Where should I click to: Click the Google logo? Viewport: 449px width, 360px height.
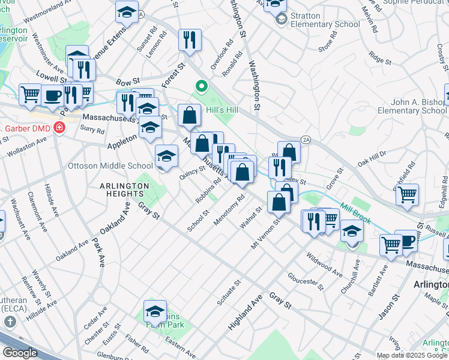[x=20, y=353]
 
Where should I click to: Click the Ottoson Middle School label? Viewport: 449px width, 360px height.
[x=110, y=166]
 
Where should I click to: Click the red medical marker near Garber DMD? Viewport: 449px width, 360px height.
[x=59, y=127]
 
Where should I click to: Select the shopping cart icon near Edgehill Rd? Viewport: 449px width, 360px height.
[x=408, y=195]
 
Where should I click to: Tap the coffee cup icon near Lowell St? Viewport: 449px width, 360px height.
[x=52, y=96]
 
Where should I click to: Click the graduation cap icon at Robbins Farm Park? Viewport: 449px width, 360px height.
[x=155, y=311]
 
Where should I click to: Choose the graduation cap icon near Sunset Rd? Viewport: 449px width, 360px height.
[x=127, y=13]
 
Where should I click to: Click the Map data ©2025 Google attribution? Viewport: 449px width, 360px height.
[x=412, y=355]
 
